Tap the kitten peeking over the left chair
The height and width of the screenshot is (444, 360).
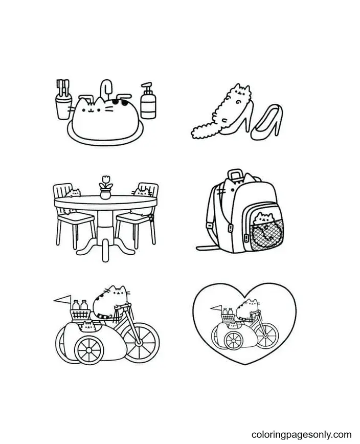tap(76, 193)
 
